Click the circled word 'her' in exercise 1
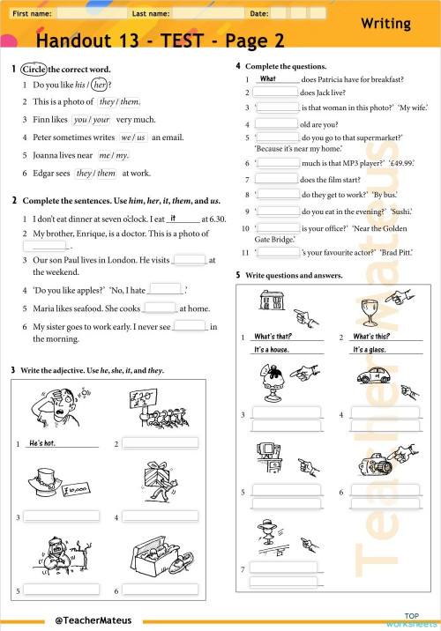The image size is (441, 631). coord(99,85)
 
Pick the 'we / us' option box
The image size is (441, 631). coord(133,137)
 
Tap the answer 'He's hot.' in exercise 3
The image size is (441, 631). coord(42,443)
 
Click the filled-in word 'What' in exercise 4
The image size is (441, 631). coord(268,78)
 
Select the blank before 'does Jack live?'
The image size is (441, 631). coord(275,92)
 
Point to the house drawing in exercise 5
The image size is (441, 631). coord(265,305)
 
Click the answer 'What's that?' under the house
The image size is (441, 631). coord(273,337)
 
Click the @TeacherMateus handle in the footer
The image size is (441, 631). coord(92,620)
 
